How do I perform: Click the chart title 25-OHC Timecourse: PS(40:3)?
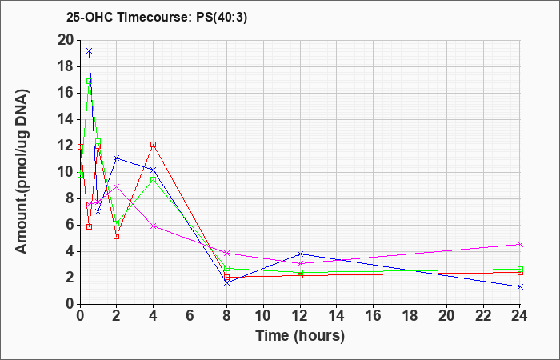tap(157, 18)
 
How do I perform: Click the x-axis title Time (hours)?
tap(300, 336)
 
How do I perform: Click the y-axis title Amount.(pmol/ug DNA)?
tap(22, 172)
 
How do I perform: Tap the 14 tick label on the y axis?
tap(66, 119)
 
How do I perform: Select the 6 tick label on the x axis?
tap(190, 316)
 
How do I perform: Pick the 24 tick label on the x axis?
tap(520, 316)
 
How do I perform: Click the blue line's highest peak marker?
tap(90, 50)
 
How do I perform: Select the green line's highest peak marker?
tap(90, 82)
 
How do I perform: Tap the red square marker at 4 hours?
tap(154, 144)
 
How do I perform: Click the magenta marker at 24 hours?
tap(520, 244)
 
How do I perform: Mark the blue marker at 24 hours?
tap(520, 286)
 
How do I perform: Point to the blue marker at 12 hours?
tap(300, 254)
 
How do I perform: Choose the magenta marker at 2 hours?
tap(117, 186)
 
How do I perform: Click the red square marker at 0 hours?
tap(80, 146)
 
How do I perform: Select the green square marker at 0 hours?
tap(80, 174)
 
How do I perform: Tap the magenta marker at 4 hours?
tap(154, 226)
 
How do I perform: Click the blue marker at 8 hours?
tap(226, 283)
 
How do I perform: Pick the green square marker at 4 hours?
tap(154, 180)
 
